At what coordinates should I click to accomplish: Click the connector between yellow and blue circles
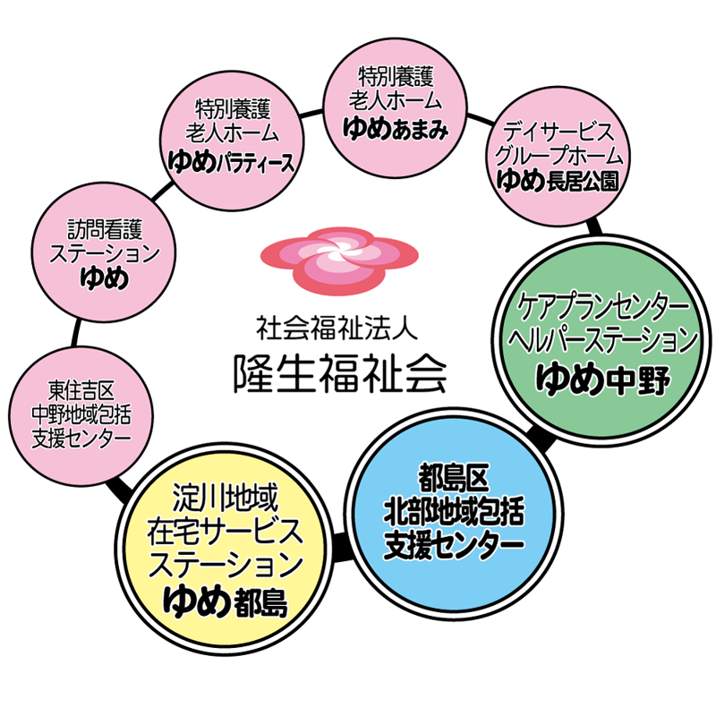339,543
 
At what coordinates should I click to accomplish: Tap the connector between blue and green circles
537,439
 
